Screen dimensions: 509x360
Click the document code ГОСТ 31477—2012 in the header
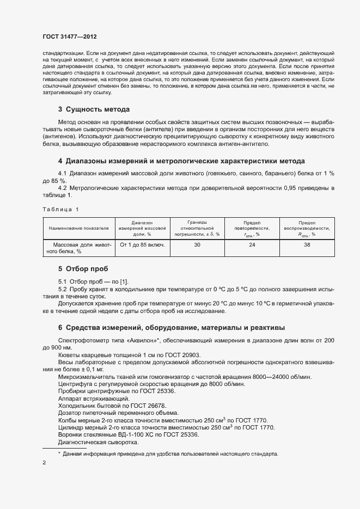[x=70, y=36]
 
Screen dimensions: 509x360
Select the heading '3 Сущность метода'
[x=94, y=109]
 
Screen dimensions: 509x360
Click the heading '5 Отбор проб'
[x=83, y=269]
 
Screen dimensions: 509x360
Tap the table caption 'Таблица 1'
[x=60, y=209]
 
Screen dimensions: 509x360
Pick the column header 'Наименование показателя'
[x=78, y=228]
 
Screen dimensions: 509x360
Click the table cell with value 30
[x=197, y=245]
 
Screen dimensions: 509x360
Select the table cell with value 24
[x=252, y=245]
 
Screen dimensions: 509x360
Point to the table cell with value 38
[x=307, y=245]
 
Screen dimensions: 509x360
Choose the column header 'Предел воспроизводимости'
[x=307, y=228]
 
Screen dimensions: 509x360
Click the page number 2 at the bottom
[x=44, y=463]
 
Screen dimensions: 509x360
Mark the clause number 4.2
[x=63, y=188]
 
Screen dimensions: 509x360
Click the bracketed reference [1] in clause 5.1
[x=124, y=281]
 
